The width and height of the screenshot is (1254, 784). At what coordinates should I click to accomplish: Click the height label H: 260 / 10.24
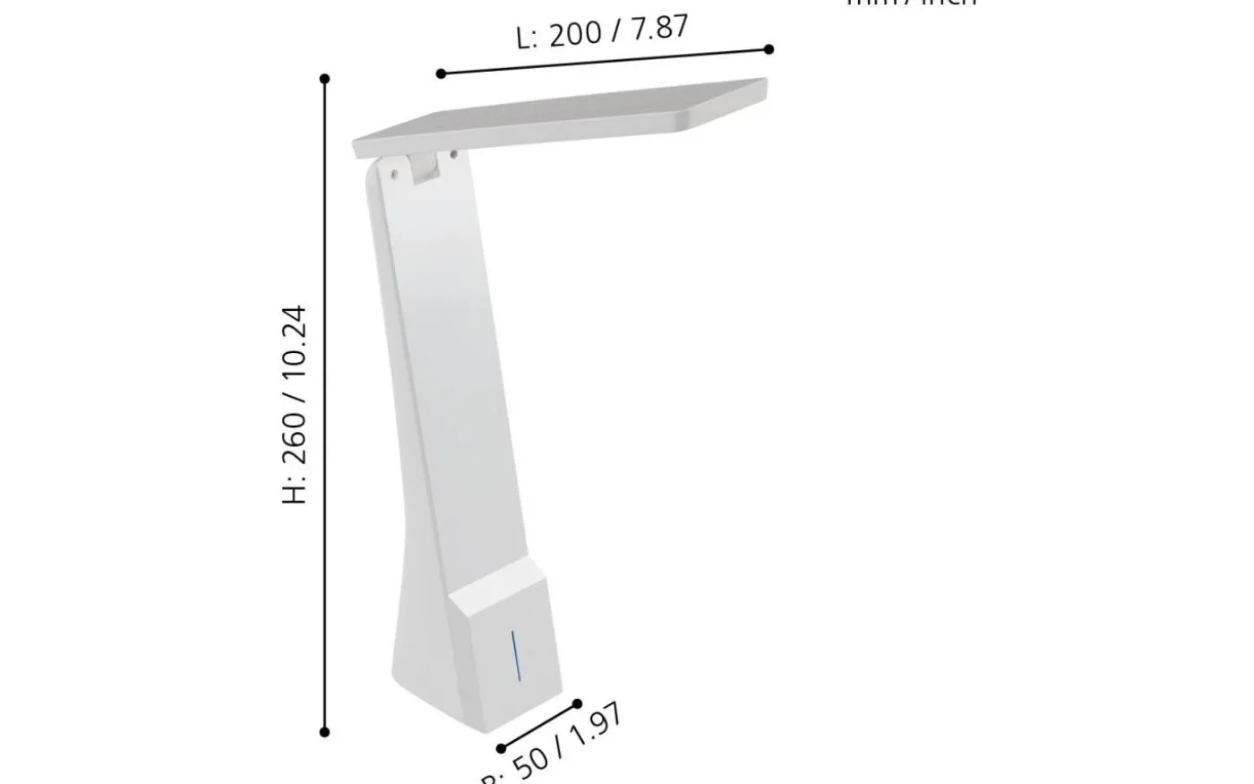tap(295, 405)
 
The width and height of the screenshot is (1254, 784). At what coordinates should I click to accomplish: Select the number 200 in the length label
tap(575, 34)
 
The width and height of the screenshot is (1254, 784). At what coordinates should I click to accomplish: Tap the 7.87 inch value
tap(660, 27)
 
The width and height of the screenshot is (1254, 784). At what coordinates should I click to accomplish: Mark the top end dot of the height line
tap(324, 79)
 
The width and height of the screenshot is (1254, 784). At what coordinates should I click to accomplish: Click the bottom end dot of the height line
tap(324, 732)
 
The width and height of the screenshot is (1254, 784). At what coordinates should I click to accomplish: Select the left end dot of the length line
tap(441, 73)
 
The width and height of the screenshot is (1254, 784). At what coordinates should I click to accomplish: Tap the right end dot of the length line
tap(769, 49)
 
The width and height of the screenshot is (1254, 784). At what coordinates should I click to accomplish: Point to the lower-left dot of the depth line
tap(501, 748)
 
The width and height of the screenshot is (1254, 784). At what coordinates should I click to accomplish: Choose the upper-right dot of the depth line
tap(577, 704)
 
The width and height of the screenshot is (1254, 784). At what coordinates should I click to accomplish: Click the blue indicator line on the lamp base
tap(514, 655)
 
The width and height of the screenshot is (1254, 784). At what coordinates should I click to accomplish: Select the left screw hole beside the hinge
tap(392, 168)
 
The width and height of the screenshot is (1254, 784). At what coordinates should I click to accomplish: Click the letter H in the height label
tap(295, 492)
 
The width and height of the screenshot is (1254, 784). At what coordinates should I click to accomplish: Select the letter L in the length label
tap(525, 39)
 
